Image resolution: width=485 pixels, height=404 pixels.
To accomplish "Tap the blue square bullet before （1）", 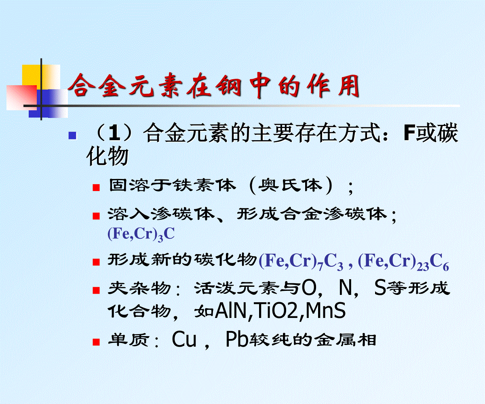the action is coord(72,135).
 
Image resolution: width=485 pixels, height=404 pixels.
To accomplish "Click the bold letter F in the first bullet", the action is coord(409,133).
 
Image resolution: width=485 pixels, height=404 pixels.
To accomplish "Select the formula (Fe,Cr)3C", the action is coord(141,234).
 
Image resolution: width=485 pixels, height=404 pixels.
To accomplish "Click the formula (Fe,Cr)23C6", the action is coord(403,261).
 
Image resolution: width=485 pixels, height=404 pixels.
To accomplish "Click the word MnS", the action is coord(326,311).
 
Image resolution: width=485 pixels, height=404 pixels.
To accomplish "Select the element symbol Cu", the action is coord(184,340).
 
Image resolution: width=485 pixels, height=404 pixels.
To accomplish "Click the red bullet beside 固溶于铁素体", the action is coord(96,187).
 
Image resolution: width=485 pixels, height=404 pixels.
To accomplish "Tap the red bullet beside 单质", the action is coord(96,342).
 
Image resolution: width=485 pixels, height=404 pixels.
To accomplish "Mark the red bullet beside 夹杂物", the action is coord(96,290).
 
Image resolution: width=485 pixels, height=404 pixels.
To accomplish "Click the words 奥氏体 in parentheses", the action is coord(290,186).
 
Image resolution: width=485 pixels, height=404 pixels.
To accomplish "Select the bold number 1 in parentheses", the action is coord(114,133).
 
